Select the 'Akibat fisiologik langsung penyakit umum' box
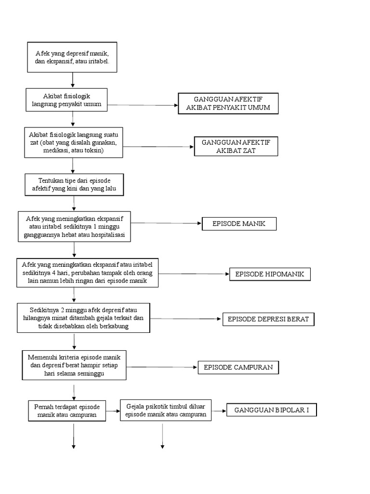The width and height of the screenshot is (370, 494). [66, 100]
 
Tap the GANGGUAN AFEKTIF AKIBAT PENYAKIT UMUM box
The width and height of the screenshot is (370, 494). [228, 103]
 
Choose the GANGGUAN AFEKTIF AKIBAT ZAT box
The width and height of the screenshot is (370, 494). [236, 146]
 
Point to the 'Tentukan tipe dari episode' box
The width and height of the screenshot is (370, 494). [74, 184]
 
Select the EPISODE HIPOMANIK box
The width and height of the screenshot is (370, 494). [270, 274]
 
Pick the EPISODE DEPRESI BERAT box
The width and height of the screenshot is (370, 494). [268, 319]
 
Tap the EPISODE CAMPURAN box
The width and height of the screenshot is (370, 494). [238, 368]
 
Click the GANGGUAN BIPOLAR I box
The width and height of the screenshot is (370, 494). [271, 411]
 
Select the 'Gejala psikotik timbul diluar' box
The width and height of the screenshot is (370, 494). [165, 411]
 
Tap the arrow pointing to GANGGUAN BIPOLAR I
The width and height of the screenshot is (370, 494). [219, 411]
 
